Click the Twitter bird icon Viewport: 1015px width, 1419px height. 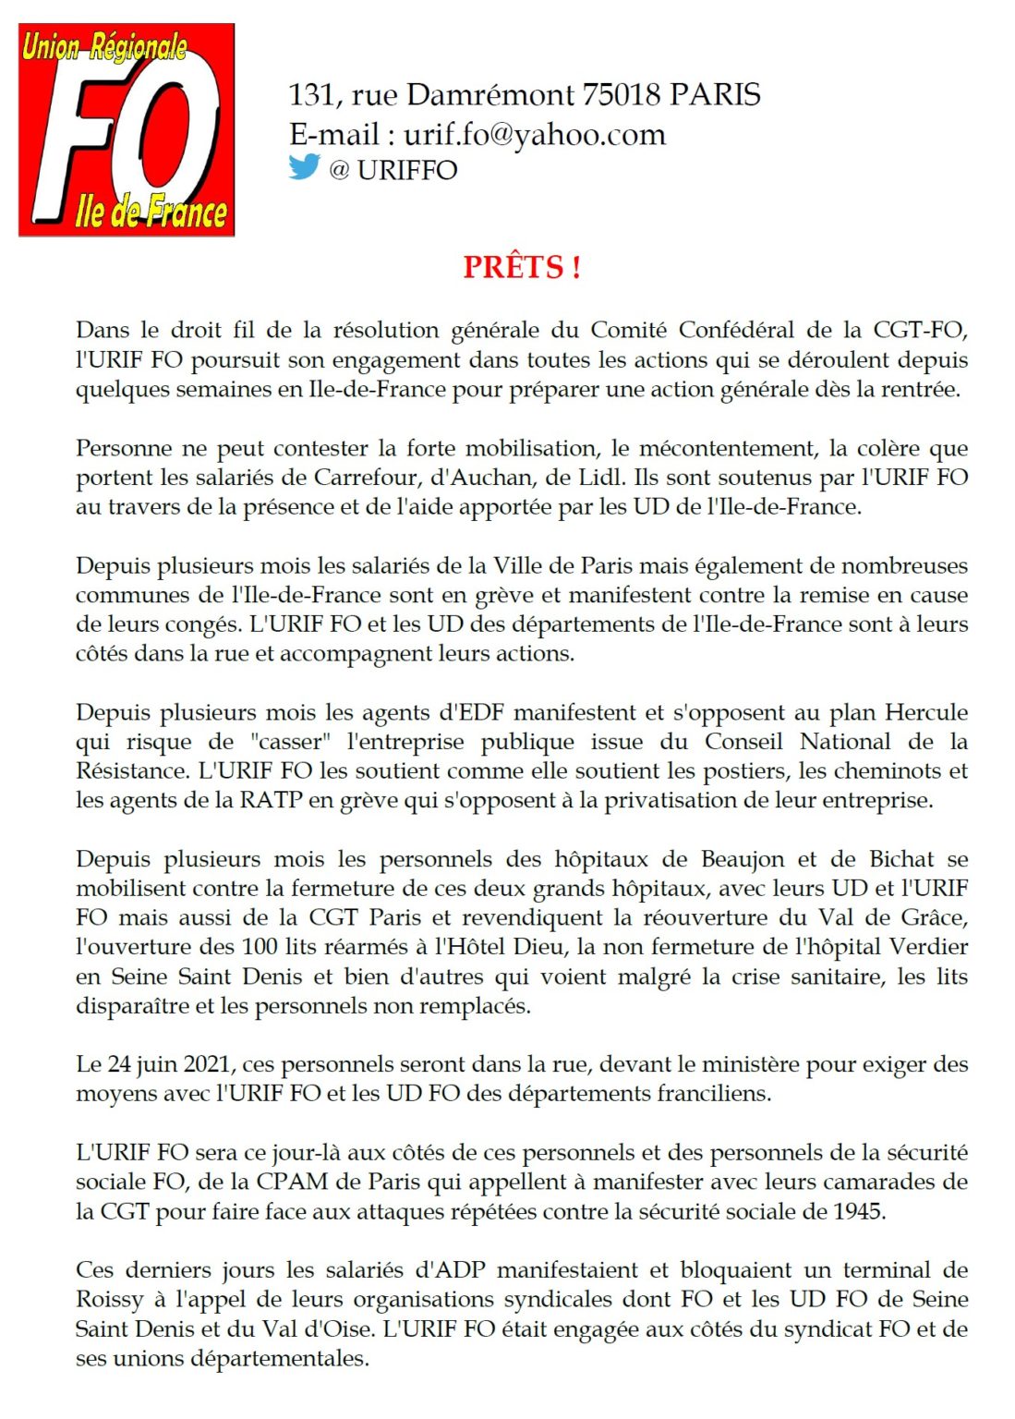pyautogui.click(x=304, y=167)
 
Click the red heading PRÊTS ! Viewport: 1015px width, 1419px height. pyautogui.click(x=522, y=267)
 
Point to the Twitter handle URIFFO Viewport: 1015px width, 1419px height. pyautogui.click(x=406, y=171)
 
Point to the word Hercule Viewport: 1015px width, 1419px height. pyautogui.click(x=926, y=712)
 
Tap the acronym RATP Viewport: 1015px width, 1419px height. pyautogui.click(x=272, y=800)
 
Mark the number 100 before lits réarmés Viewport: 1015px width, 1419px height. pyautogui.click(x=260, y=947)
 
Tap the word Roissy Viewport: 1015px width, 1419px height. pyautogui.click(x=109, y=1300)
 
